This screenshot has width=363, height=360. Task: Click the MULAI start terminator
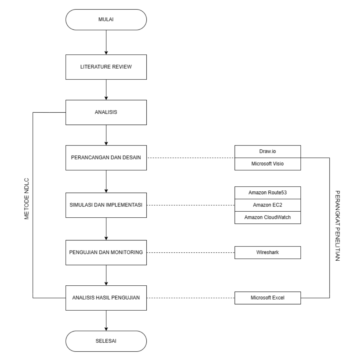click(106, 20)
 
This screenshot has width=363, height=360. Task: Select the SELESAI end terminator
click(106, 341)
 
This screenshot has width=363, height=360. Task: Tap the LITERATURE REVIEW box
click(106, 67)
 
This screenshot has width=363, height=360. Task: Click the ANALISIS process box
click(106, 112)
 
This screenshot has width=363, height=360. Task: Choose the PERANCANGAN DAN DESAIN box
click(106, 158)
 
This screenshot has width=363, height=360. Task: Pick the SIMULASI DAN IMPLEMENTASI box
click(106, 205)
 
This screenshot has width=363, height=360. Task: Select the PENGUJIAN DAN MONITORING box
click(106, 252)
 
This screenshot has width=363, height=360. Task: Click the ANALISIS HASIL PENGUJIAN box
click(106, 298)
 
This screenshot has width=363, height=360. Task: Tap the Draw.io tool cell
click(268, 152)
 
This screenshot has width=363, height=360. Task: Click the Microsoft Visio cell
click(268, 164)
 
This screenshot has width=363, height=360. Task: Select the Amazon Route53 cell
click(268, 193)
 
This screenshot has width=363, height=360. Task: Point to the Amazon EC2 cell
click(268, 205)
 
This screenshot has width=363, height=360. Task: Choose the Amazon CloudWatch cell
click(268, 217)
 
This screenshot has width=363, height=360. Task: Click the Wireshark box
click(268, 252)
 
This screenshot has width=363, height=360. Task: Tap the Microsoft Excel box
click(268, 298)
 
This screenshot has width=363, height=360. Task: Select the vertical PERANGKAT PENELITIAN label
click(337, 225)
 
